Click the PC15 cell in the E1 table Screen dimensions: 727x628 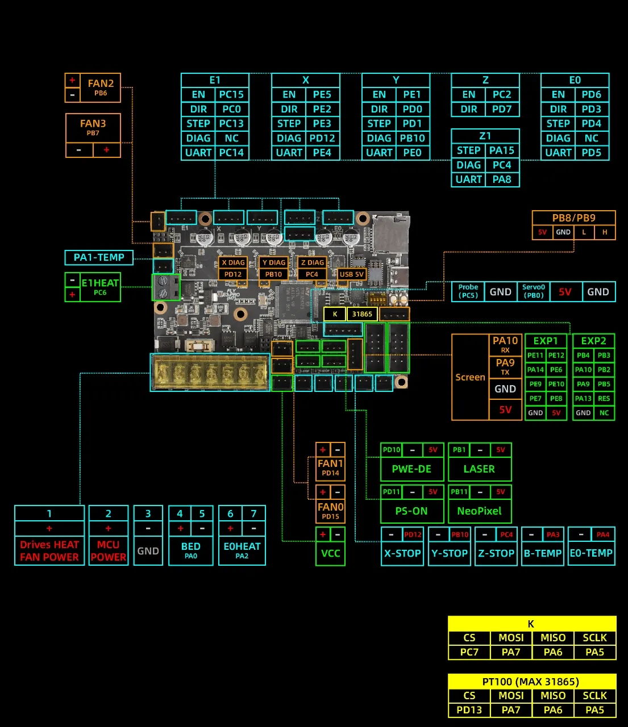[x=231, y=95]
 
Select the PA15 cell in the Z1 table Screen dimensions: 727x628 [x=502, y=151]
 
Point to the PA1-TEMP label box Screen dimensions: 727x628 [x=99, y=258]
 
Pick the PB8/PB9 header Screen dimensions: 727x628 [x=573, y=218]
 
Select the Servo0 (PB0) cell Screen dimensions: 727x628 [x=534, y=291]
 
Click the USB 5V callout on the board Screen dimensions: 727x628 [x=352, y=274]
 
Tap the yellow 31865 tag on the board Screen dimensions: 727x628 [x=362, y=314]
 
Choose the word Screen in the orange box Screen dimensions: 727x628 [x=470, y=377]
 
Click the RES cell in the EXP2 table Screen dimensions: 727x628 [x=604, y=399]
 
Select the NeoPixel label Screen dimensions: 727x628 [x=479, y=511]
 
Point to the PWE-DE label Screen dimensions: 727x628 [x=411, y=469]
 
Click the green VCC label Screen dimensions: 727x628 [x=330, y=553]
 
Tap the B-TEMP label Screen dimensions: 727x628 [x=543, y=553]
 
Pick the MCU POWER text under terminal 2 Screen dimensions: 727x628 [x=108, y=551]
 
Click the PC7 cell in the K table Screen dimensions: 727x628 [x=469, y=652]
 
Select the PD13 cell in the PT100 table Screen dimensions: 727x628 [x=469, y=710]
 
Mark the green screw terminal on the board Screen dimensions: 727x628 [x=165, y=287]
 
